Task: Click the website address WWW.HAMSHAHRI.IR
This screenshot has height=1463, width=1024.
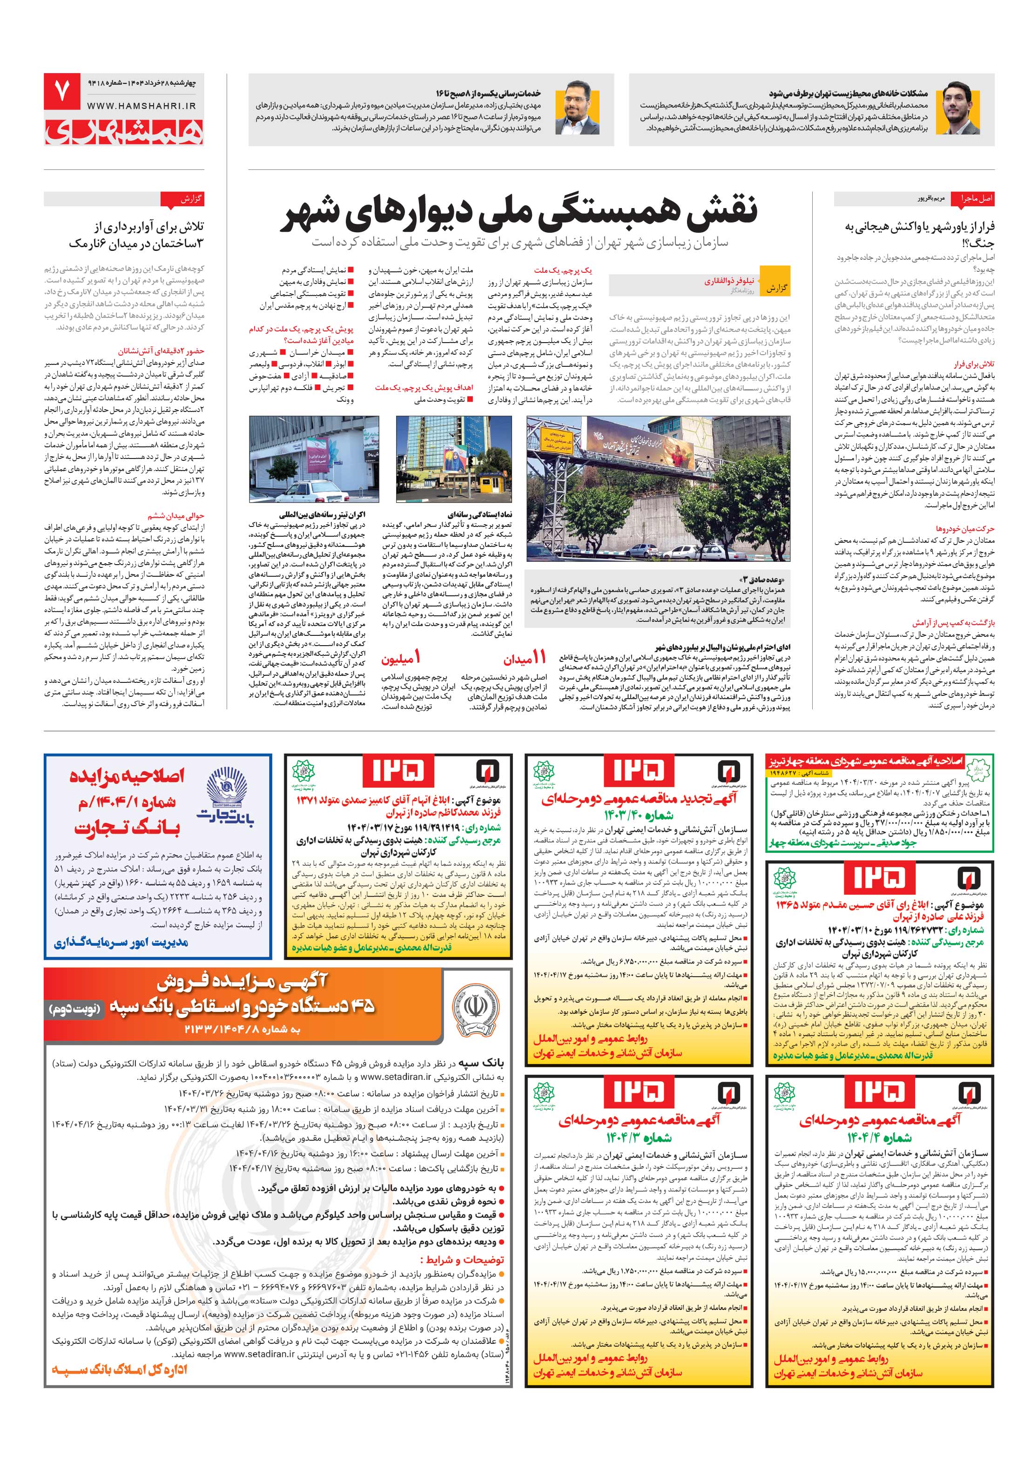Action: click(141, 107)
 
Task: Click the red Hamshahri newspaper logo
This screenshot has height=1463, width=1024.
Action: click(124, 131)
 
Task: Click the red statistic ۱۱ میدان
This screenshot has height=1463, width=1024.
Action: click(525, 658)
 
